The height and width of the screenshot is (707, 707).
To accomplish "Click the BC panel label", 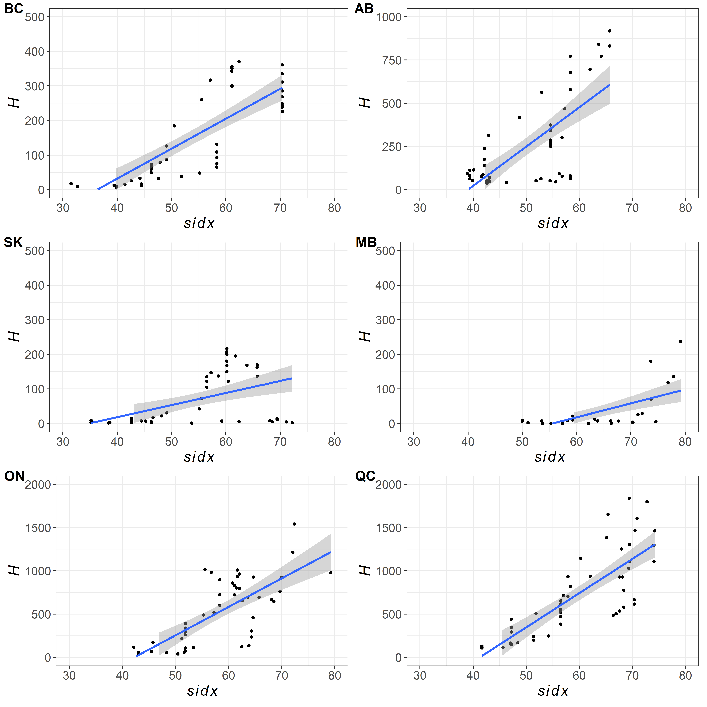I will click(x=14, y=8).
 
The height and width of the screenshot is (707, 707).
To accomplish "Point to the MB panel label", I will click(x=366, y=242).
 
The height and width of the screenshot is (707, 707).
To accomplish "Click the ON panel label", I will click(x=14, y=476).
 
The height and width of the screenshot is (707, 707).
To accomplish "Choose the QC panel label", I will click(x=365, y=476).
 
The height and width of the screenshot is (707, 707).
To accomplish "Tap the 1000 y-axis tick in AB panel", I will click(x=389, y=17).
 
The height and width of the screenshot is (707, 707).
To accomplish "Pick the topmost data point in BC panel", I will click(x=239, y=62).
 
